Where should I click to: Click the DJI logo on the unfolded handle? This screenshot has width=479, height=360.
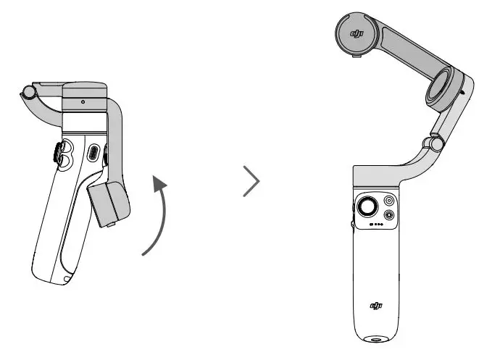(377, 306)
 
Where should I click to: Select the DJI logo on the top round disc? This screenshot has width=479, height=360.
(356, 34)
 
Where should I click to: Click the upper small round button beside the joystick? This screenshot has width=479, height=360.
(390, 200)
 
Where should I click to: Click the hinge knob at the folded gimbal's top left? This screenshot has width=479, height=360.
(29, 93)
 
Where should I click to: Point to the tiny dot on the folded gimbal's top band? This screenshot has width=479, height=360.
(83, 102)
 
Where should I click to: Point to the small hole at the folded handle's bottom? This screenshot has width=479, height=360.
(67, 278)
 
